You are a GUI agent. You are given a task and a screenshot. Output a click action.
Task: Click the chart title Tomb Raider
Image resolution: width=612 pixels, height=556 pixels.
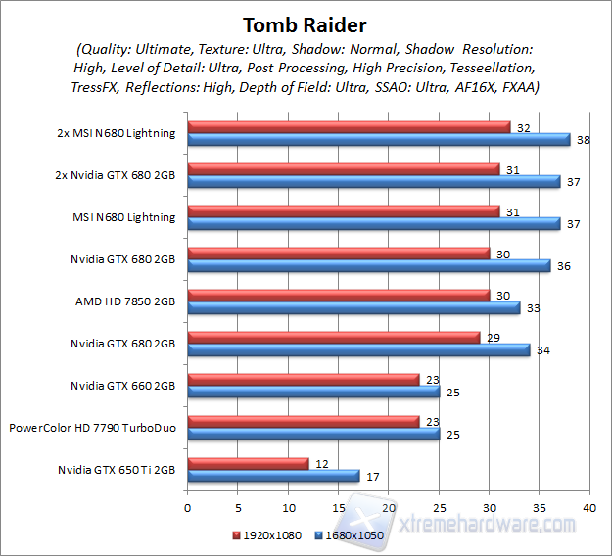click(x=306, y=24)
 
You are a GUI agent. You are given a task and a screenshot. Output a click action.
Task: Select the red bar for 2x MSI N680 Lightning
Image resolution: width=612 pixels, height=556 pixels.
click(x=349, y=126)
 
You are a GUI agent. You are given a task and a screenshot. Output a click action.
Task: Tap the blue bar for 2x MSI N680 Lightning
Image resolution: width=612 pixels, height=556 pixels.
click(x=378, y=139)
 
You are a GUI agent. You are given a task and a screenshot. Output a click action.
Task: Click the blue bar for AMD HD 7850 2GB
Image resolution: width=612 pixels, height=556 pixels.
click(x=353, y=307)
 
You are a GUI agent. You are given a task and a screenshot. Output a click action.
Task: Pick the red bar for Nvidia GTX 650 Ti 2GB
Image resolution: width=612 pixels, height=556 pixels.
click(x=248, y=463)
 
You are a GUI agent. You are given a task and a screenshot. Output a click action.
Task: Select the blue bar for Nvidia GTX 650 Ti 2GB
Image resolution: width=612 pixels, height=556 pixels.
click(x=273, y=476)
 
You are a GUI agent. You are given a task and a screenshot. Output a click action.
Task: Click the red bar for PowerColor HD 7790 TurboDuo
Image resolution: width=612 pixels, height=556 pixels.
click(x=303, y=421)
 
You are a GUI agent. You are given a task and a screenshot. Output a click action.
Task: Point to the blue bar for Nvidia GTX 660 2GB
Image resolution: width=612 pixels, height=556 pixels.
click(x=313, y=392)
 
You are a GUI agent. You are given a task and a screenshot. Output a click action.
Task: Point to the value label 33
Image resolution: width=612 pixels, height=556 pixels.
click(x=535, y=308)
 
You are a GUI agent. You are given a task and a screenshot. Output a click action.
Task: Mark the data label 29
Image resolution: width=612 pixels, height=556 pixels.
click(x=494, y=337)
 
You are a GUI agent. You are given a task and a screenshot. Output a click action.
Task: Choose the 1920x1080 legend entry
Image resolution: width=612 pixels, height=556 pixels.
click(x=268, y=535)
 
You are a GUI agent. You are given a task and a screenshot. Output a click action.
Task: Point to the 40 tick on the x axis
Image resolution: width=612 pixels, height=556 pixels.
click(x=588, y=508)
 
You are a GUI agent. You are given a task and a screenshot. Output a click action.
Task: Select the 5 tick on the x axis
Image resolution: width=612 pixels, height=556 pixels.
click(x=237, y=508)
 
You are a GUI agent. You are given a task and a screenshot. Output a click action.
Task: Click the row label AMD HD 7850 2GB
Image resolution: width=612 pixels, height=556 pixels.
click(x=125, y=301)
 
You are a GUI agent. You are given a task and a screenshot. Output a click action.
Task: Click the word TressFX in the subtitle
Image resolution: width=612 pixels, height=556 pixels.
click(x=98, y=86)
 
